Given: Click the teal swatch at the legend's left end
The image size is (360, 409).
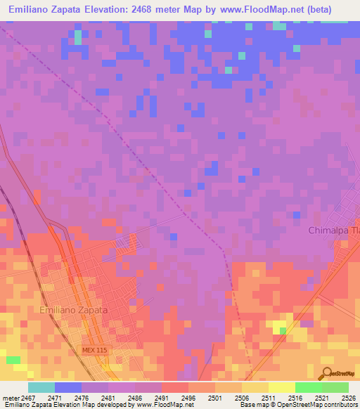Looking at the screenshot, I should pyautogui.click(x=41, y=387).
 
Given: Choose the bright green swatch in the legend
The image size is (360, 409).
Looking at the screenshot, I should pyautogui.click(x=308, y=387).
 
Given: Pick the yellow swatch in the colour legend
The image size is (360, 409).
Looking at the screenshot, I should pyautogui.click(x=281, y=387).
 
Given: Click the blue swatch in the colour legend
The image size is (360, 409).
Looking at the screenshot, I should pyautogui.click(x=67, y=387).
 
